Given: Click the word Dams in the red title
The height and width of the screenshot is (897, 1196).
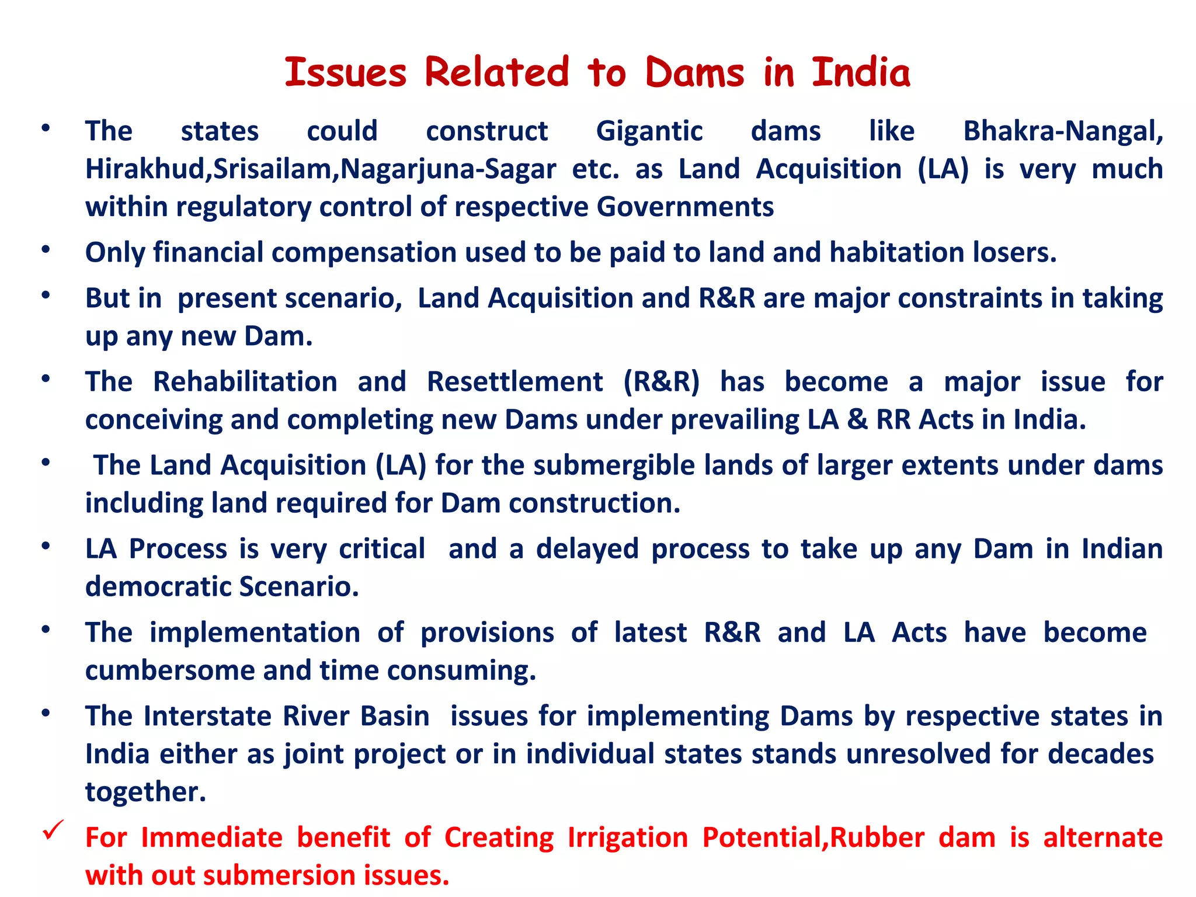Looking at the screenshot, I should click(x=694, y=73).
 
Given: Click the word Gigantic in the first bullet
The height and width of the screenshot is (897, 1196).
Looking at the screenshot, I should click(x=649, y=131).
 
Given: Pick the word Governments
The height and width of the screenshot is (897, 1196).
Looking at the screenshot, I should click(x=685, y=207).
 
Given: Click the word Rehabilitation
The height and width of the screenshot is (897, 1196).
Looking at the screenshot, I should click(x=245, y=382).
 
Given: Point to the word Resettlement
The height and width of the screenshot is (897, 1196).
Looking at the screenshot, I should click(x=514, y=382).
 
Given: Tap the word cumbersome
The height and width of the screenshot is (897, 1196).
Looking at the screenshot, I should click(x=170, y=670).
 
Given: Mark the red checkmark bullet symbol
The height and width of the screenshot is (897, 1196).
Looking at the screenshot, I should click(x=53, y=830).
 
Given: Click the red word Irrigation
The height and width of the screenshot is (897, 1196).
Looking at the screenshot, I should click(x=628, y=837).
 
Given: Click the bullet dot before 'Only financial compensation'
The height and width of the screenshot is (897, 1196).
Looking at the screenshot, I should click(x=46, y=250).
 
